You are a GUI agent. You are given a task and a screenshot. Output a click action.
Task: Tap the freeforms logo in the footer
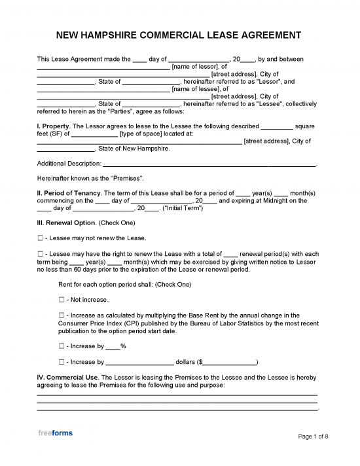pos(55,433)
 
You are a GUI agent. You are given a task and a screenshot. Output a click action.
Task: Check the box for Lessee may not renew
pos(40,238)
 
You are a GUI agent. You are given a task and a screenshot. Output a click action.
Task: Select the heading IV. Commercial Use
pos(67,378)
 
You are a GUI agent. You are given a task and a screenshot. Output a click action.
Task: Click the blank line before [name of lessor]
pos(103,67)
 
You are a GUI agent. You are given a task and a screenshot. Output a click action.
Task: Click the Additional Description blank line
pos(209,164)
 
